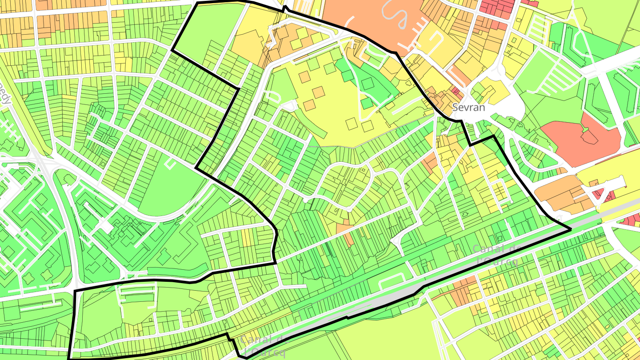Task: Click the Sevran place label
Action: click(x=468, y=108)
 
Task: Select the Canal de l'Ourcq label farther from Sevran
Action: click(x=262, y=346)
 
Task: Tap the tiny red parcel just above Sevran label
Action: click(x=456, y=91)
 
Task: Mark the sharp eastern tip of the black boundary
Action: click(x=570, y=230)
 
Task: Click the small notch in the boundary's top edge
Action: click(x=284, y=8)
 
